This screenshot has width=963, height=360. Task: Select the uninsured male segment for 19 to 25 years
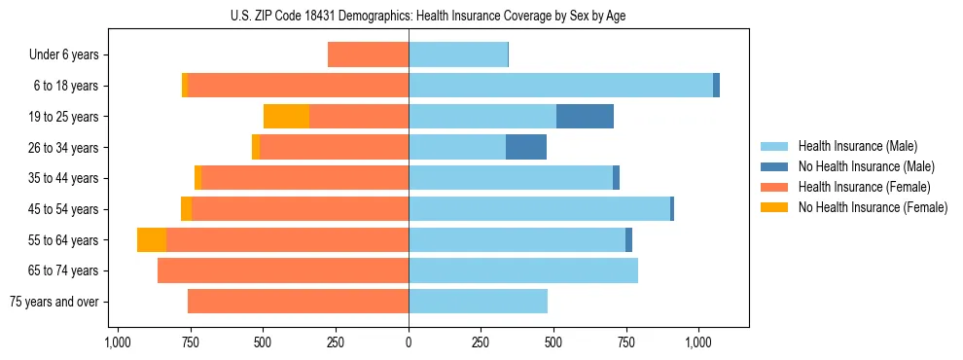tap(585, 117)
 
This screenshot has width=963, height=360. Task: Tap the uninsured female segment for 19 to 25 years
tap(286, 117)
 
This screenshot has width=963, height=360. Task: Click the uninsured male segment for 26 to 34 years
tap(526, 147)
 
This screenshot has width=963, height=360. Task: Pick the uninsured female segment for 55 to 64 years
tap(152, 240)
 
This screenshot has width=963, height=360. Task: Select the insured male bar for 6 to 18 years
tap(560, 86)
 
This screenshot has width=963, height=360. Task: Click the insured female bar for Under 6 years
tap(368, 54)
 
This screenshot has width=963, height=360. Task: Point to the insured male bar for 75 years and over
tap(478, 302)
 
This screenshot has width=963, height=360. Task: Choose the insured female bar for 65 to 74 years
tap(283, 270)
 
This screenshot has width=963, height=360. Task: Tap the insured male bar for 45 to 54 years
tap(539, 209)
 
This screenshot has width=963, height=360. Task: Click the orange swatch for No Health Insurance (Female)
tap(775, 207)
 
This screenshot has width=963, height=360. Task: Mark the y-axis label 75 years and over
tap(54, 302)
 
